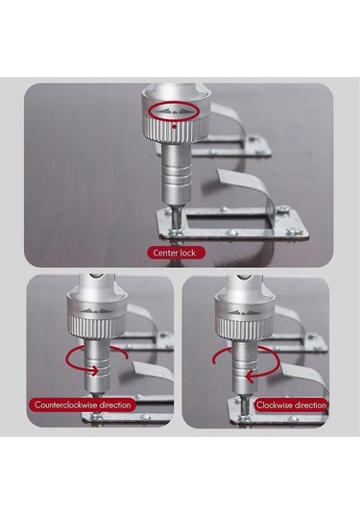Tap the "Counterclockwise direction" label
click(83, 404)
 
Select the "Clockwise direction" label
click(291, 404)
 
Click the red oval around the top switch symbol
click(174, 111)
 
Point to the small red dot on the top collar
click(175, 126)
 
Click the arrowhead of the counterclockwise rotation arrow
click(94, 371)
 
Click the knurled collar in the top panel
click(176, 130)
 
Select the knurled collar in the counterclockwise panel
click(97, 327)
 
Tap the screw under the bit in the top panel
click(176, 232)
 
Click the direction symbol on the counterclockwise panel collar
click(95, 310)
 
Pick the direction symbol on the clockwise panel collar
click(244, 312)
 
